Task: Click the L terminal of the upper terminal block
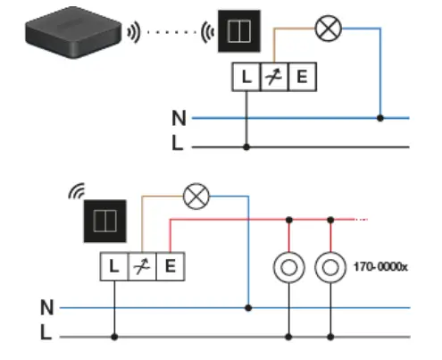(x=246, y=78)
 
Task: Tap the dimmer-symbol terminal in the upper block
(x=274, y=78)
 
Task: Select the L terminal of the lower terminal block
(x=114, y=265)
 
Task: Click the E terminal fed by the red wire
(x=170, y=265)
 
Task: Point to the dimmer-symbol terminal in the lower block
(x=142, y=265)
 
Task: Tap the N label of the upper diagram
(x=179, y=117)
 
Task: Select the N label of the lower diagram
(x=47, y=307)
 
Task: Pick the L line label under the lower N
(x=47, y=334)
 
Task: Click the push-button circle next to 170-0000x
(x=331, y=267)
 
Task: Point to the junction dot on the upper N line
(x=381, y=117)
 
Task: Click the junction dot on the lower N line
(x=249, y=307)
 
